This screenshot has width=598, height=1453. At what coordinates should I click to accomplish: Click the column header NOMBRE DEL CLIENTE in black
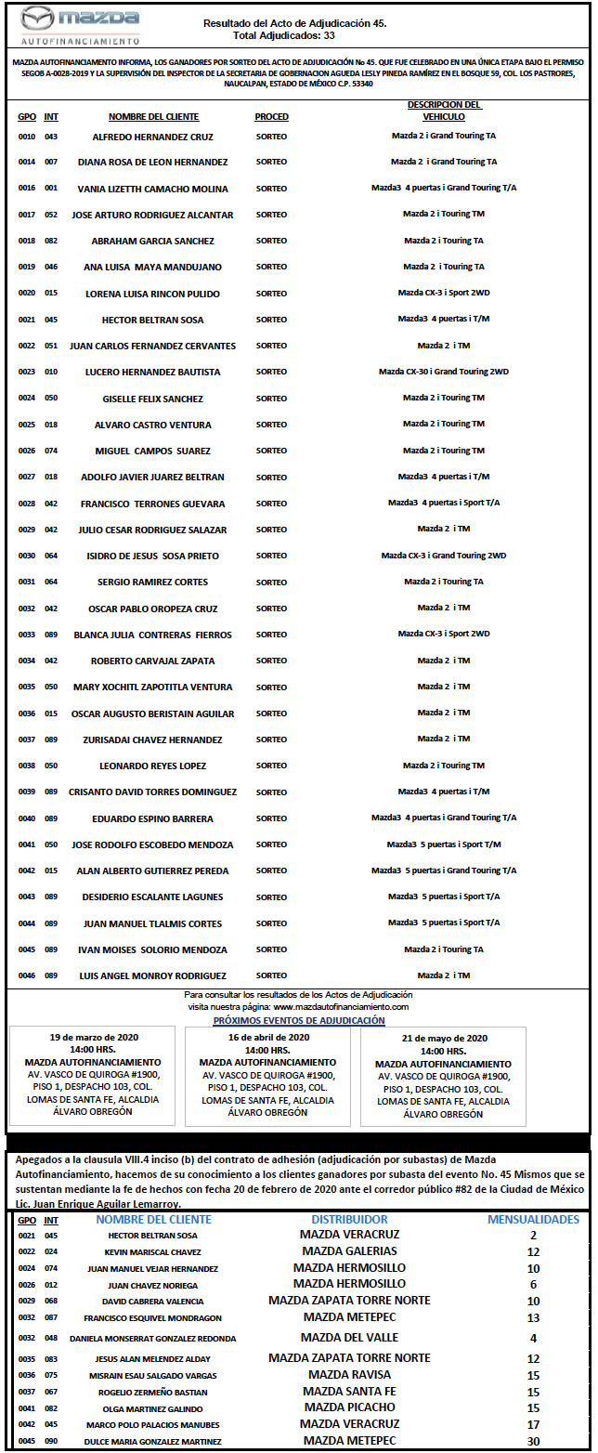coord(155,117)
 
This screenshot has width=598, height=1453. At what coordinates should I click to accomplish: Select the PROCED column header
coord(271,117)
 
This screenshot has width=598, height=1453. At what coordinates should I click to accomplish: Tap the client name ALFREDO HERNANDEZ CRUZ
coord(153,137)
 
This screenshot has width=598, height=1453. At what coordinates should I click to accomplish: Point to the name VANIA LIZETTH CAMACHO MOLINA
coord(153,189)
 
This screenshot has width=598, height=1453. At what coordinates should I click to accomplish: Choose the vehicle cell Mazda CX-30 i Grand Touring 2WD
coord(444,372)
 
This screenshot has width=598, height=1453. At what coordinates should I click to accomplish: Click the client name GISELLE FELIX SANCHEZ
coord(153,399)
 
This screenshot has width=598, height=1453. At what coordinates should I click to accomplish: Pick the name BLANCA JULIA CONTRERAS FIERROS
coord(153,635)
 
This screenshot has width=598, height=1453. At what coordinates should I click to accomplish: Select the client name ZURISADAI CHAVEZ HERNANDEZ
coord(153,740)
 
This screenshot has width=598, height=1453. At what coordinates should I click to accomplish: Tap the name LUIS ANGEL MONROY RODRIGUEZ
coord(153,975)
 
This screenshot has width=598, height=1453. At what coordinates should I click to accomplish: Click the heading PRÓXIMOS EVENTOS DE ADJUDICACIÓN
coord(299,1020)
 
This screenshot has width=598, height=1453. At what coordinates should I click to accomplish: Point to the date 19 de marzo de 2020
coord(93,1038)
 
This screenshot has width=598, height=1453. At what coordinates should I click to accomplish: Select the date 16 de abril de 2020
coord(267,1038)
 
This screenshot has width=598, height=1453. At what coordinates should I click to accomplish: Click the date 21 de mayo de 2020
coord(444,1038)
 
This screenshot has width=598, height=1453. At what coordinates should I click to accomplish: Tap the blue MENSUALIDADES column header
coord(533,1219)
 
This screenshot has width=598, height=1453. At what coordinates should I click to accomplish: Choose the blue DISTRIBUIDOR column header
coord(349,1219)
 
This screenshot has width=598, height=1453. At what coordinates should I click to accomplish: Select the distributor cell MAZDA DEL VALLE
coord(349,1337)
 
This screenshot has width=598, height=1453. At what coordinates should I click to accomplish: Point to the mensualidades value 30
coord(533,1440)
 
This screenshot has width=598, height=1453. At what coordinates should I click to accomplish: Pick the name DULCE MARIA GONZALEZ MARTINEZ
coord(153,1441)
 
